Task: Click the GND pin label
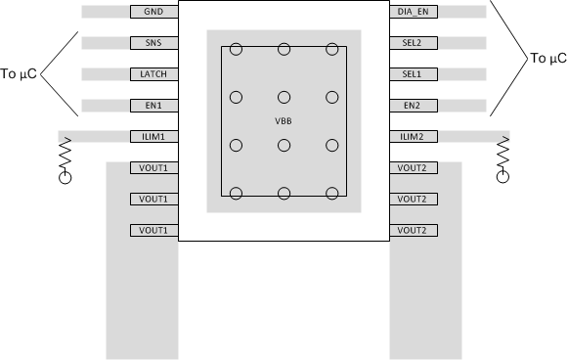click(153, 12)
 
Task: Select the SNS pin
click(153, 44)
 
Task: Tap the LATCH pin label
click(153, 74)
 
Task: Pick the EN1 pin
click(153, 106)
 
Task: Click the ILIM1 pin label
click(153, 137)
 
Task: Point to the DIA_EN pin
click(414, 12)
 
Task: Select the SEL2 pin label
click(414, 44)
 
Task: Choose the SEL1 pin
click(414, 74)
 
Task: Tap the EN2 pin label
click(414, 106)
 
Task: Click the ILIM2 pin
click(414, 137)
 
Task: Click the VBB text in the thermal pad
click(284, 120)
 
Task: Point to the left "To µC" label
click(20, 73)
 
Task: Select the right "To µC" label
click(547, 59)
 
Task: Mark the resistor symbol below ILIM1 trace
click(66, 155)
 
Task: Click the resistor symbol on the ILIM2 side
click(503, 155)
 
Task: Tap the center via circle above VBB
click(284, 96)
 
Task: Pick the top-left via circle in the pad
click(236, 49)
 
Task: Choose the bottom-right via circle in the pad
click(332, 193)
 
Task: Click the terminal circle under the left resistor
click(66, 177)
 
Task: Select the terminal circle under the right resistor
click(503, 177)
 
